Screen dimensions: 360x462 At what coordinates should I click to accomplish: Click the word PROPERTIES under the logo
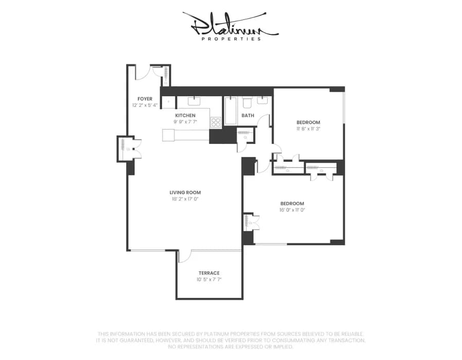[x=231, y=39]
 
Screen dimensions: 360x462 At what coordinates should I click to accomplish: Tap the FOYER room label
[x=145, y=99]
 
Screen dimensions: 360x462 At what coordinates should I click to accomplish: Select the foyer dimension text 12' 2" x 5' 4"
[x=145, y=105]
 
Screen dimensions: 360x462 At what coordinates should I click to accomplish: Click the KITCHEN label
[x=185, y=115]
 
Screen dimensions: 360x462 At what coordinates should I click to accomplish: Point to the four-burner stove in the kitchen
[x=216, y=122]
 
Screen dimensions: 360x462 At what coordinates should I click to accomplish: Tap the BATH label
[x=248, y=116]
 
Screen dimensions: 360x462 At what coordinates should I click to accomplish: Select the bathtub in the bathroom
[x=230, y=110]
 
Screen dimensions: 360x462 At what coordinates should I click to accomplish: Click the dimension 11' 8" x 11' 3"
[x=308, y=129]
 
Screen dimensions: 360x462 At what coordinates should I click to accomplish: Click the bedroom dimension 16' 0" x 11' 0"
[x=292, y=210]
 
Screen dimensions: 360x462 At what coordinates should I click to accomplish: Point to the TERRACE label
[x=209, y=273]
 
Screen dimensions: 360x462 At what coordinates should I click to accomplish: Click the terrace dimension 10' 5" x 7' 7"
[x=209, y=280]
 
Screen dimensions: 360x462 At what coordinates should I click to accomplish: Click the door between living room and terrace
[x=184, y=255]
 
